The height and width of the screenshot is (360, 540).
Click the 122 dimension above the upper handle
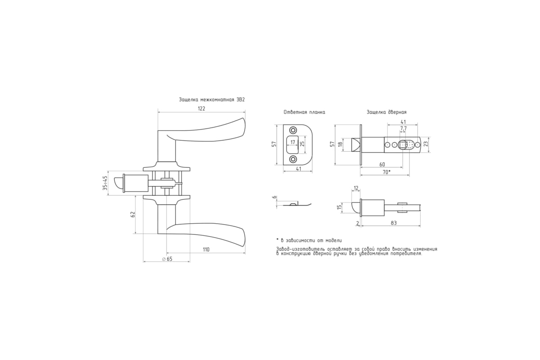(201, 108)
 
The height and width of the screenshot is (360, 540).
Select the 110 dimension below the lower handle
(206, 250)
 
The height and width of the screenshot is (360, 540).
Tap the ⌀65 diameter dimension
(167, 259)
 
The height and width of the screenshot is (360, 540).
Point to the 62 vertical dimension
(132, 214)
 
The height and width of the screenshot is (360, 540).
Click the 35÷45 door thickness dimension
(105, 183)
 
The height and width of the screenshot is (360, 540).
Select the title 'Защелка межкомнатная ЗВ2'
(211, 99)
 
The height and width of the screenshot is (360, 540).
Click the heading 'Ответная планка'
(304, 112)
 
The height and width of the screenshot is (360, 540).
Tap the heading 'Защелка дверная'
(387, 112)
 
